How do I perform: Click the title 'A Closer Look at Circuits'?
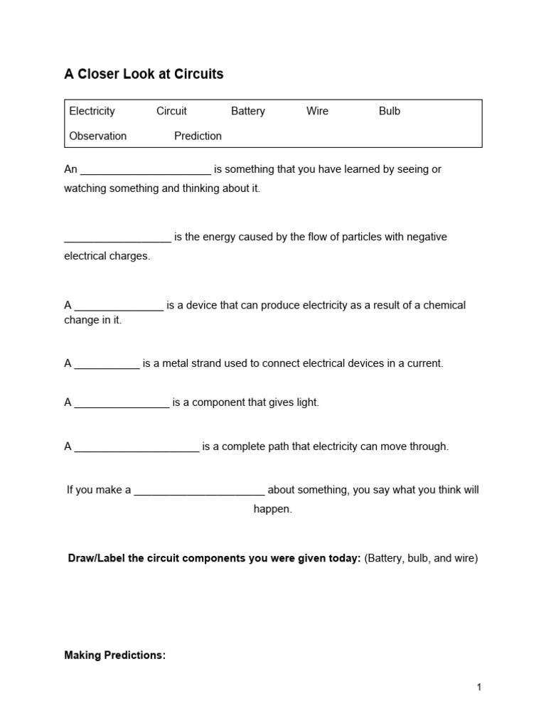(144, 74)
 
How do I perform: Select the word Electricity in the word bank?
(92, 111)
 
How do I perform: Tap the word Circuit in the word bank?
(171, 111)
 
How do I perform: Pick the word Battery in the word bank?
(248, 111)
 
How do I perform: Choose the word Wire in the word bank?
(317, 111)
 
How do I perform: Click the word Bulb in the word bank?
(390, 111)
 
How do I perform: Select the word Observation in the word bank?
(97, 136)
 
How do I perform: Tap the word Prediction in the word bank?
(198, 136)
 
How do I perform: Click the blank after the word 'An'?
(146, 171)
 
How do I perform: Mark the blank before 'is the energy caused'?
(117, 238)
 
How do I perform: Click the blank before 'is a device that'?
(119, 306)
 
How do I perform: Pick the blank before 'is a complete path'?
(136, 448)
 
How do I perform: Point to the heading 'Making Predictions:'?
(114, 655)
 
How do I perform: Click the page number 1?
(479, 687)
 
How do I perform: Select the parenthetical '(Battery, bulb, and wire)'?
(421, 558)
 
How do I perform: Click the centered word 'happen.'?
(273, 510)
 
